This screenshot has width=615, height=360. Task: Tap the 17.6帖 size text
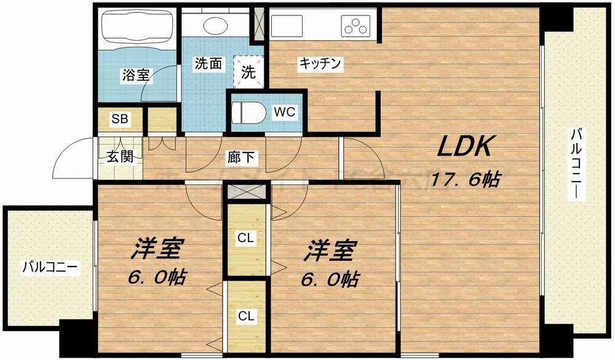click(465, 180)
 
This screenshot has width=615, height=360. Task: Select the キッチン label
click(320, 63)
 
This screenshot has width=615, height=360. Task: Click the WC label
click(285, 112)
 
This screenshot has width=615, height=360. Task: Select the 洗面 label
click(208, 63)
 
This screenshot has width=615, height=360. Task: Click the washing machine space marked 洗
click(248, 72)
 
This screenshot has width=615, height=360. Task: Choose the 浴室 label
click(135, 76)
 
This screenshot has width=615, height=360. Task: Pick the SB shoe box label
click(119, 119)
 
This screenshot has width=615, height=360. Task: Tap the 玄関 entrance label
click(120, 156)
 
